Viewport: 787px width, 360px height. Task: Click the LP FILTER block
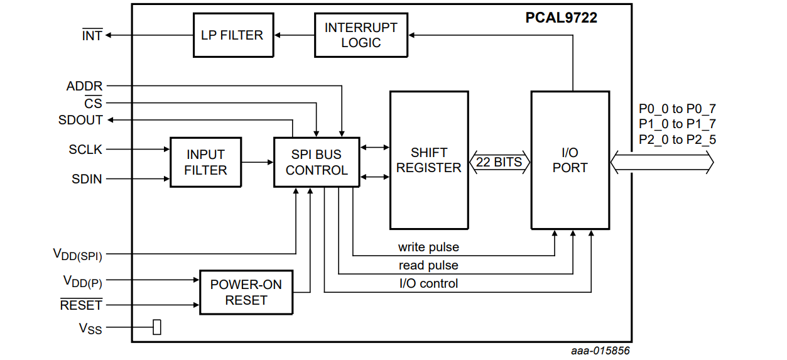(x=232, y=35)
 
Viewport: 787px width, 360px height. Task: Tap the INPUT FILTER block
(x=205, y=162)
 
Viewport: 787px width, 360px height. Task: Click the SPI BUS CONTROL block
(x=317, y=162)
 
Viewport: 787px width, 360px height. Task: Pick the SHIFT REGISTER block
(x=429, y=160)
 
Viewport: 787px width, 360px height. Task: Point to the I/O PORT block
(x=570, y=160)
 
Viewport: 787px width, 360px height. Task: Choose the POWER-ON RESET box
(x=246, y=292)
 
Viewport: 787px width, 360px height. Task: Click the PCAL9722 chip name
(x=561, y=18)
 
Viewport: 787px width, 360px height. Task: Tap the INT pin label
(x=92, y=36)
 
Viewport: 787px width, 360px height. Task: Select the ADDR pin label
(x=84, y=86)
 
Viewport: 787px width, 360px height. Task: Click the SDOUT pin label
(x=80, y=119)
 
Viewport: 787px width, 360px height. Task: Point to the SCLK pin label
(x=85, y=150)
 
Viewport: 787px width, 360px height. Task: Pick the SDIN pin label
(x=87, y=179)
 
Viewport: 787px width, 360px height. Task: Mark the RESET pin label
(x=81, y=305)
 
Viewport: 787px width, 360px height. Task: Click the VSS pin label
(x=90, y=328)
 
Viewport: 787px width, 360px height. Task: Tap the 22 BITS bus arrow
(x=499, y=162)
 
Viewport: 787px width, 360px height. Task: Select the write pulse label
(x=428, y=247)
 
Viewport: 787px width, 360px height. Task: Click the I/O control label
(x=428, y=283)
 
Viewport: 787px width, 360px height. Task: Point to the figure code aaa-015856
(x=600, y=351)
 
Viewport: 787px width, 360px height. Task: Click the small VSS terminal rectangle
(x=157, y=327)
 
